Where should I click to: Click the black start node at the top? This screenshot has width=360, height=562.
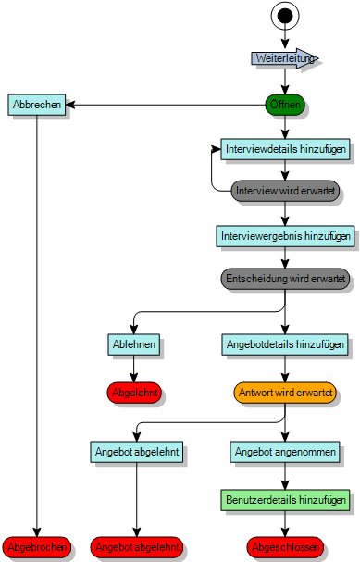pos(285,17)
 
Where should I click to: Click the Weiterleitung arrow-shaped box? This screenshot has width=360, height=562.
pos(285,57)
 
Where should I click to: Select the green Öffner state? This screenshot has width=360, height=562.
pos(285,105)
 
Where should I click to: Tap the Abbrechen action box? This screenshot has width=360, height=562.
pos(37,105)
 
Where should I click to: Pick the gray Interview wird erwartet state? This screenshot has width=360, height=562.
pos(285,190)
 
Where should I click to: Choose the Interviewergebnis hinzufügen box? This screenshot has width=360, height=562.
pos(285,236)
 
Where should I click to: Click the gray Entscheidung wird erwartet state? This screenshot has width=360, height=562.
pos(285,278)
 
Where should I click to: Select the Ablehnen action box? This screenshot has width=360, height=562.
pos(135,344)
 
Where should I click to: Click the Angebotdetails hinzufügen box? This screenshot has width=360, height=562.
pos(285,344)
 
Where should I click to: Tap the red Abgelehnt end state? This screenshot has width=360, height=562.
pos(135,392)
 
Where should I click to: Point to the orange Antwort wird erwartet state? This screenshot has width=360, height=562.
pos(285,392)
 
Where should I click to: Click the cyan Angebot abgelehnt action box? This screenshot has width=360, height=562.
pos(137,452)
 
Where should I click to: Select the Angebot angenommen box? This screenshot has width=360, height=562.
pos(285,452)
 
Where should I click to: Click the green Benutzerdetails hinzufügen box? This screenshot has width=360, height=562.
pos(285,500)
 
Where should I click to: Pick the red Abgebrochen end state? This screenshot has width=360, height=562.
pos(37,548)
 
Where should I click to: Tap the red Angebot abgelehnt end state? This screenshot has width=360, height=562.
pos(137,548)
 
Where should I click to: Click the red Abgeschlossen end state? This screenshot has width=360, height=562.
pos(285,548)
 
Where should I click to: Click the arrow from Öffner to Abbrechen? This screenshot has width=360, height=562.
pos(167,105)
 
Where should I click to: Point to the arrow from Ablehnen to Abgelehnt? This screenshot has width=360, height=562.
pos(135,368)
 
